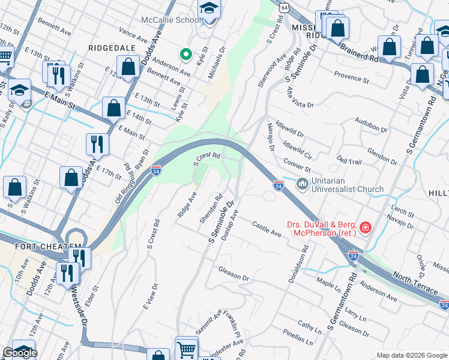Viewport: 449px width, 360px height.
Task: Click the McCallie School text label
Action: pyautogui.click(x=170, y=19)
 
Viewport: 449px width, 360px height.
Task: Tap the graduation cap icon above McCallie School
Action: pyautogui.click(x=209, y=9)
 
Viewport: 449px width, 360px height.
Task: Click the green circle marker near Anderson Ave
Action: pyautogui.click(x=186, y=55)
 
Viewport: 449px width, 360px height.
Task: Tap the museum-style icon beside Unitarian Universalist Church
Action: pyautogui.click(x=303, y=182)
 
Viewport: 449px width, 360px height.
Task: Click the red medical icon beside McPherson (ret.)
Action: pyautogui.click(x=365, y=228)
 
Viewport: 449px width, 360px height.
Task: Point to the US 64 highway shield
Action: pyautogui.click(x=283, y=6)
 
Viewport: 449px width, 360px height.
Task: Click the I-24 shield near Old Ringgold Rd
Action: pyautogui.click(x=156, y=171)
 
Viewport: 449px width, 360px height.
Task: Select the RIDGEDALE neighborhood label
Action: pyautogui.click(x=110, y=47)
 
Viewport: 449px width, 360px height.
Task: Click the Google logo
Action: pyautogui.click(x=20, y=353)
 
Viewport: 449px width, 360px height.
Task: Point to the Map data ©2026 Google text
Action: pyautogui.click(x=412, y=355)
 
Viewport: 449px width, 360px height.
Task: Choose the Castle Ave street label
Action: pyautogui.click(x=267, y=228)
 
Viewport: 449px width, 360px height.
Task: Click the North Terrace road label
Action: pyautogui.click(x=415, y=283)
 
